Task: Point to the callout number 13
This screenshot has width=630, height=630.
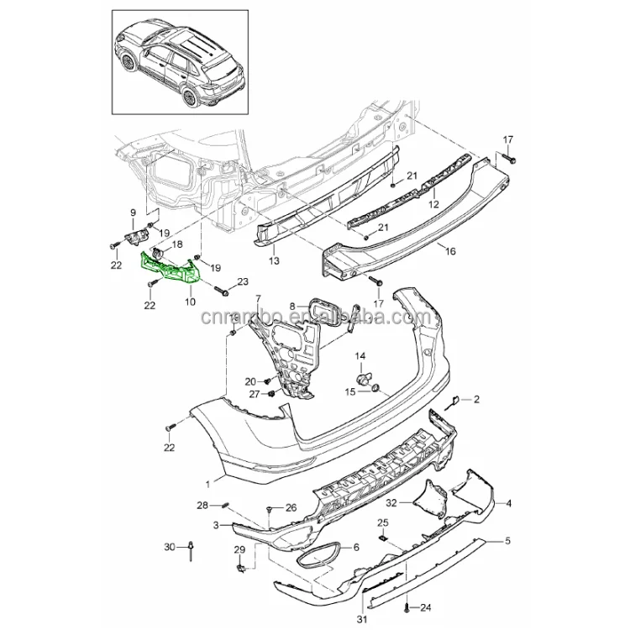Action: tap(273, 262)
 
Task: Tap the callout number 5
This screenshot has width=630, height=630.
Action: tap(507, 542)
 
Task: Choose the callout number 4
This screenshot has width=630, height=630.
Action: tap(507, 502)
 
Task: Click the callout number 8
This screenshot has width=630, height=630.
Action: tap(292, 307)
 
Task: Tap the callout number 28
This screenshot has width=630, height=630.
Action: tap(202, 505)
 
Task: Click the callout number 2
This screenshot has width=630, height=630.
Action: tap(476, 399)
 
